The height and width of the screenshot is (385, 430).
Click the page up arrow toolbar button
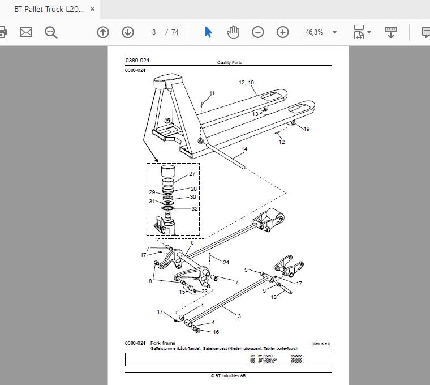pos(102,32)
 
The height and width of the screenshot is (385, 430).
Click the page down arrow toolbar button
pos(127,32)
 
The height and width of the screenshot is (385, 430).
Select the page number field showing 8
pos(153,32)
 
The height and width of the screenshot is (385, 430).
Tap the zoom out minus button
pos(258,32)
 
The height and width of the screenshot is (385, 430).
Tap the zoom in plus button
pos(283,32)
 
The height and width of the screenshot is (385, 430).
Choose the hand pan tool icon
pos(233,32)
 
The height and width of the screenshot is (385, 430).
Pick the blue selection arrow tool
pos(208,32)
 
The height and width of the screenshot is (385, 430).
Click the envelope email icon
pos(26,32)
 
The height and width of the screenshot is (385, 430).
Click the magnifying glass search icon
pos(51,32)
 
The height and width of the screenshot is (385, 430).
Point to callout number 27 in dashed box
pos(192,174)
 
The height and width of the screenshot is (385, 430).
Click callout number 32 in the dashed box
pos(195,209)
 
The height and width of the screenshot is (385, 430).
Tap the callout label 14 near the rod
pos(244,150)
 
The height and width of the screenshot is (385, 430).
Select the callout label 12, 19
pos(246,83)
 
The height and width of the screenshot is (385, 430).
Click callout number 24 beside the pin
pos(226,262)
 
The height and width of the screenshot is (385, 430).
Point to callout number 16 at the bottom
pos(216,332)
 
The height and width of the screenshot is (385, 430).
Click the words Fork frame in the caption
pos(163,343)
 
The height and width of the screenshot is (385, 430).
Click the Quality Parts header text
pos(229,63)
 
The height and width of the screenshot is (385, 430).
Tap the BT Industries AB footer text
pos(229,375)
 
